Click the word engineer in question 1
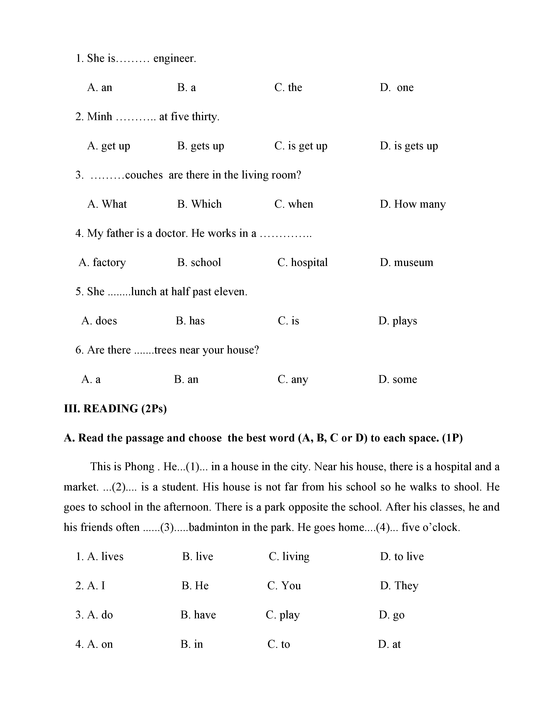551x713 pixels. click(174, 59)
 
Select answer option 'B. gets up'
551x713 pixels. click(201, 146)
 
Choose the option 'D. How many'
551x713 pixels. click(412, 204)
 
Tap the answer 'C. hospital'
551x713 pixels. click(302, 263)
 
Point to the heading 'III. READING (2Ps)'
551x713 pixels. click(115, 409)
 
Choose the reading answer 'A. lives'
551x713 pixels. click(105, 557)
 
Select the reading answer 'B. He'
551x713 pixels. click(195, 586)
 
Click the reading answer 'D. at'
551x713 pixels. click(389, 644)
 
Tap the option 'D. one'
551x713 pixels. click(397, 88)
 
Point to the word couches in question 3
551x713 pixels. click(144, 175)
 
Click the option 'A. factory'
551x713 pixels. click(102, 263)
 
